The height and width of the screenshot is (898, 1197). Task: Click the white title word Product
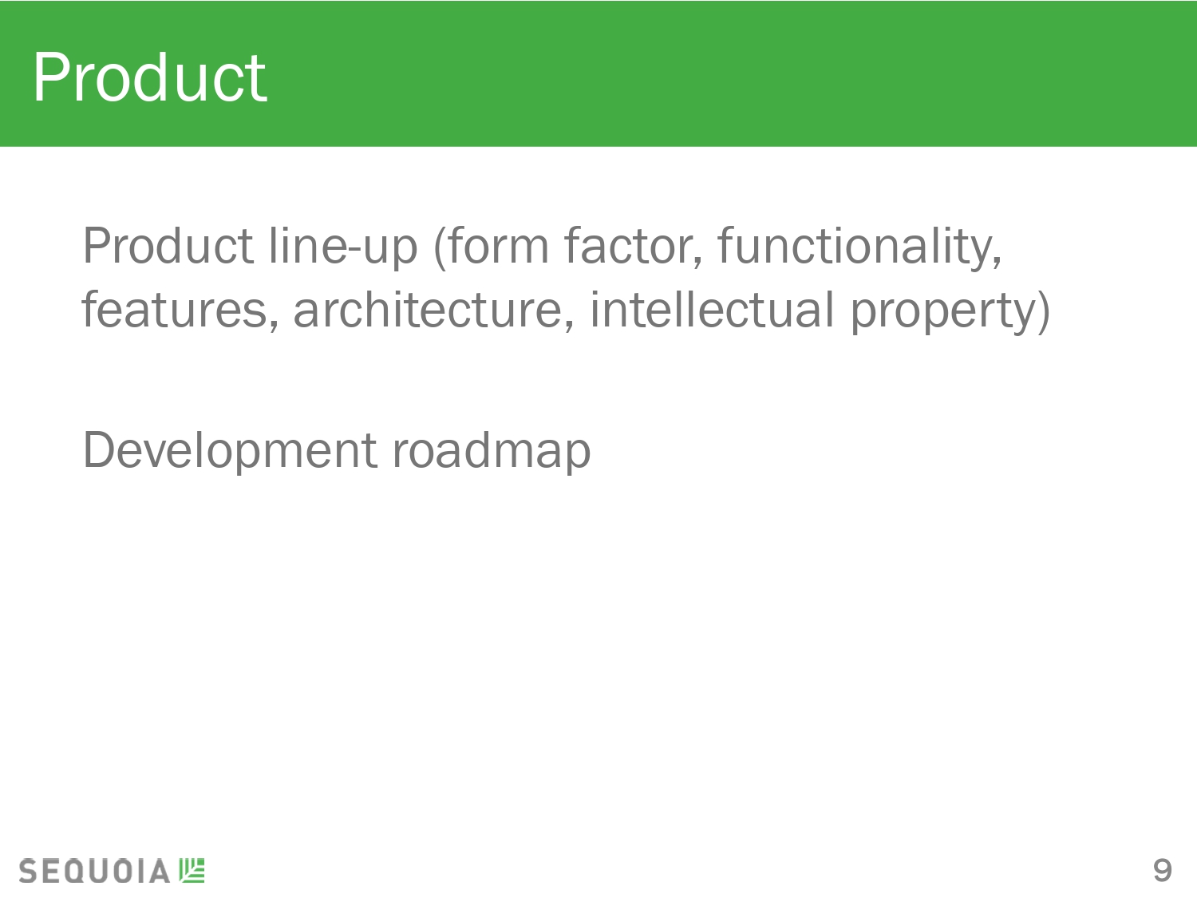pos(150,77)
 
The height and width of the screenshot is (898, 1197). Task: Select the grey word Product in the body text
pos(168,247)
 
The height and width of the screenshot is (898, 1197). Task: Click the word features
pos(180,309)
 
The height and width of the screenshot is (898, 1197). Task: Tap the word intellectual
pos(712,309)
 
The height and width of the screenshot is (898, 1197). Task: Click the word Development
pos(230,451)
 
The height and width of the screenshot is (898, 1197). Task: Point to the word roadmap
pos(492,451)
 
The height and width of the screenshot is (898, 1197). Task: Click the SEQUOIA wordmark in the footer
pos(94,871)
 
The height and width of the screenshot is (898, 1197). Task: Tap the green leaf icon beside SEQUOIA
pos(192,870)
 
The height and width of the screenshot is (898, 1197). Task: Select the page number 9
pos(1162,870)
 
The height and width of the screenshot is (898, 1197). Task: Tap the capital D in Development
pos(99,449)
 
